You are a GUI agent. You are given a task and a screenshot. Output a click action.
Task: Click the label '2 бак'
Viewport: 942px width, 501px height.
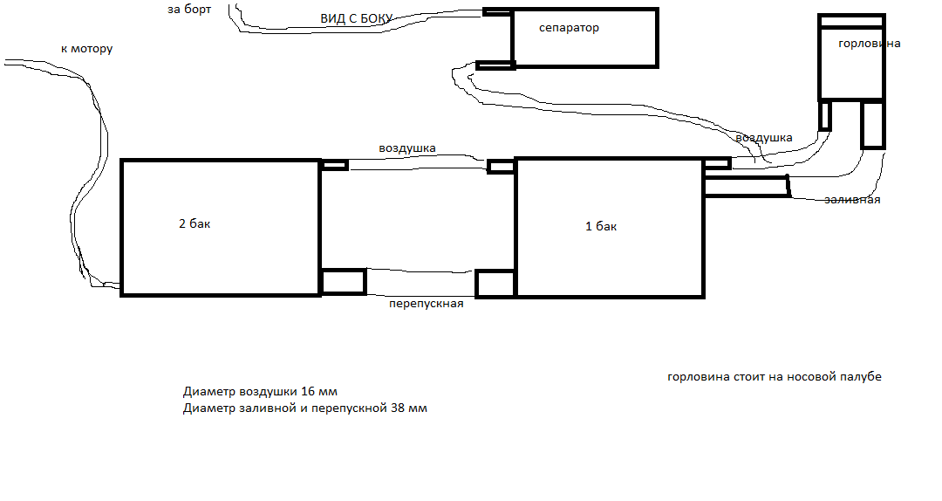tap(195, 223)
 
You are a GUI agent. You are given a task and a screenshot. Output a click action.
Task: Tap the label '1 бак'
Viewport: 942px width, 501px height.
tap(601, 226)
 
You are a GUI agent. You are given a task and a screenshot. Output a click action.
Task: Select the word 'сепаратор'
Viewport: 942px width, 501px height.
tap(569, 28)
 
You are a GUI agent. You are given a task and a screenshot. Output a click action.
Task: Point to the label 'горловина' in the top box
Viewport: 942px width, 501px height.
tap(870, 44)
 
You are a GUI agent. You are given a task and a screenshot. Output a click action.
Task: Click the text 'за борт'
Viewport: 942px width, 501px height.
tap(189, 10)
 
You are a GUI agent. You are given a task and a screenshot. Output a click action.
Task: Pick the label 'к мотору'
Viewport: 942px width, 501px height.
tap(86, 49)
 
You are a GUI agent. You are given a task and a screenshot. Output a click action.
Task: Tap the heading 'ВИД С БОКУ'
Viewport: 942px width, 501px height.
tap(356, 18)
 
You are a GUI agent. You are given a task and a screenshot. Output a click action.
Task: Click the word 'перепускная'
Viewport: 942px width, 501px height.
tap(426, 304)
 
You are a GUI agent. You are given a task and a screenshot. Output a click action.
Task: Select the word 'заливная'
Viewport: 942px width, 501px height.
tap(852, 200)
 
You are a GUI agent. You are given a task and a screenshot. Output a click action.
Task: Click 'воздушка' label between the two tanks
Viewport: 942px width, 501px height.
tap(407, 148)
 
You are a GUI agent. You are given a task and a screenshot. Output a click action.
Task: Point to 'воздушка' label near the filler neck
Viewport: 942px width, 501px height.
tap(763, 138)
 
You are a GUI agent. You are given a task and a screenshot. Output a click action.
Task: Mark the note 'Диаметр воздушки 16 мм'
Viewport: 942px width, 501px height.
tap(260, 392)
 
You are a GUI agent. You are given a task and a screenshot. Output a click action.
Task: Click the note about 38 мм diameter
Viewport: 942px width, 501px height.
tap(305, 408)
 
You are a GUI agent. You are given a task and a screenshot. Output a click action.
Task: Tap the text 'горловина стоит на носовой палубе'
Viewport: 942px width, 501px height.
tap(775, 377)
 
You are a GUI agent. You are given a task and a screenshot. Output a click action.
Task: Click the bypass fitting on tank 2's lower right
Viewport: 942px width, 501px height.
tap(343, 282)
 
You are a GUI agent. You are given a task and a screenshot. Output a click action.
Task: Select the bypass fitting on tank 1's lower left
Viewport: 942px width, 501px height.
tap(495, 284)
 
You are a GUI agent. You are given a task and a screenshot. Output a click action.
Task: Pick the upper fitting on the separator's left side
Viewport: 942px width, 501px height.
tap(497, 11)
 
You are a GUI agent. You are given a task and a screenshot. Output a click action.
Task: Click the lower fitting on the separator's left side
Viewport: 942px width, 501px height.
tap(495, 65)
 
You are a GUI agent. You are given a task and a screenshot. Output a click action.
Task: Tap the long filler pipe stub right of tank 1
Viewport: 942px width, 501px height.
tap(746, 187)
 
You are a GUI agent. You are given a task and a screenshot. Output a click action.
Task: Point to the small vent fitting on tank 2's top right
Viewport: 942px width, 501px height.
tap(334, 165)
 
